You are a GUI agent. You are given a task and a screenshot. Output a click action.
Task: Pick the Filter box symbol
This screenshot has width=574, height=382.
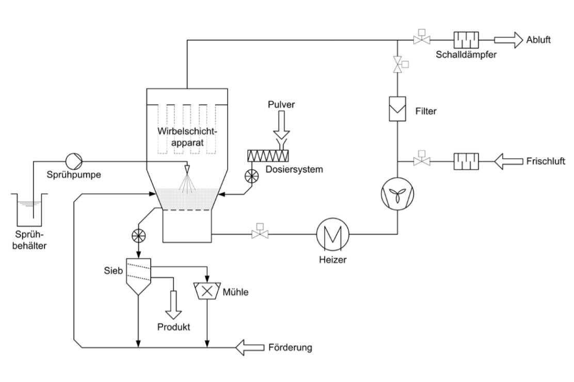coord(397,109)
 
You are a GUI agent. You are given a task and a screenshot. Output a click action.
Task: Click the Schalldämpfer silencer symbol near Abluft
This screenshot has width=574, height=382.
coord(466,40)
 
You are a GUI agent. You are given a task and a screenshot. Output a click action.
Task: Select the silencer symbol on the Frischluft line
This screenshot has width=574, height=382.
coord(466,161)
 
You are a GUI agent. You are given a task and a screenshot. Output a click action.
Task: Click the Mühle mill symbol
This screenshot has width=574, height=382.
coord(207,291)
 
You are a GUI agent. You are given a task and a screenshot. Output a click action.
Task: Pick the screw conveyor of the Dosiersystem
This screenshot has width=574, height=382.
coord(268,154)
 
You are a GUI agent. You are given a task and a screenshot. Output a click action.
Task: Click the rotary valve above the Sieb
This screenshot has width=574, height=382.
coord(139,235)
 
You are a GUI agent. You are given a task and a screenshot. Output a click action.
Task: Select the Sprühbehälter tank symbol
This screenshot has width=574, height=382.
coord(30,208)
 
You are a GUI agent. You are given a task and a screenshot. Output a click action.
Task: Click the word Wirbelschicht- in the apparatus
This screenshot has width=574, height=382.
coord(185,130)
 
